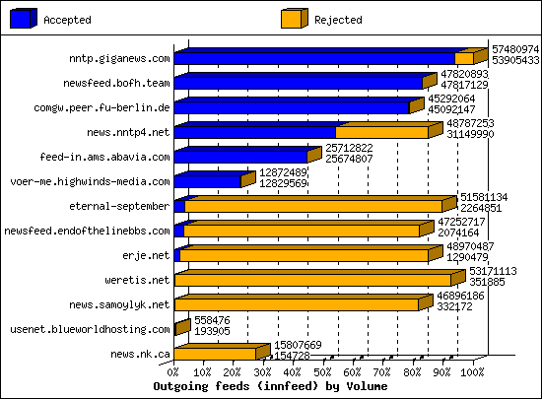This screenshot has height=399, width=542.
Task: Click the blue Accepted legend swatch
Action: pos(24,18)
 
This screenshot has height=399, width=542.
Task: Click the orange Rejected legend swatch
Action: pos(293,18)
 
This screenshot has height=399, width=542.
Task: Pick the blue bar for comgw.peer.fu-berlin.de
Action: pos(292,107)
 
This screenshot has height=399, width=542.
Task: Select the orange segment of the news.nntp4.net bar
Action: pos(381,132)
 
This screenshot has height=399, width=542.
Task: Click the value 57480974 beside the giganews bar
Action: pos(515,48)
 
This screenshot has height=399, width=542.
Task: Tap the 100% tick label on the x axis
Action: pos(473,372)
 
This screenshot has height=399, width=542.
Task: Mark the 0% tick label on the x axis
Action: pos(174,372)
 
